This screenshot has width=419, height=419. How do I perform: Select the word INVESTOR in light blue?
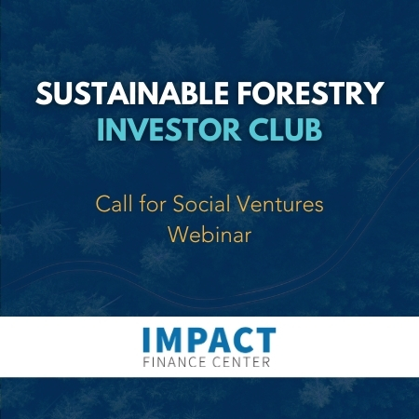167,128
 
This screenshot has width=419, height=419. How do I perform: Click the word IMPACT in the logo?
209,339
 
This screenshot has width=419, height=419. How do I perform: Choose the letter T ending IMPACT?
265,339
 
